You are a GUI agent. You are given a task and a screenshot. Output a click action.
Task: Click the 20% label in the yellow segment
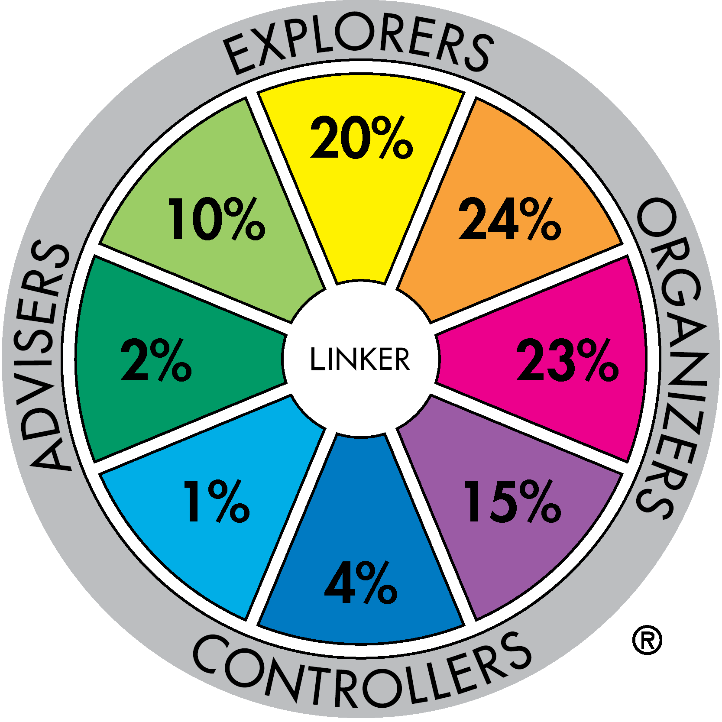[x=362, y=137]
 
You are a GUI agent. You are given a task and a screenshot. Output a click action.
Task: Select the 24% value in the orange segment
[x=510, y=218]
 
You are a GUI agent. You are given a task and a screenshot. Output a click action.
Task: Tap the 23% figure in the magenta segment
[x=567, y=359]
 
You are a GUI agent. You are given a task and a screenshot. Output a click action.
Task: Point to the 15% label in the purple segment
[x=513, y=501]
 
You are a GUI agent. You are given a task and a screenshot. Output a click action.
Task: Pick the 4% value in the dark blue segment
[x=361, y=583]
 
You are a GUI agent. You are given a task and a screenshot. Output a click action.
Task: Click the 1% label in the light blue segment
[x=217, y=501]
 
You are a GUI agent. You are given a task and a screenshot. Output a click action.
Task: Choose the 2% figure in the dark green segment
[x=156, y=359]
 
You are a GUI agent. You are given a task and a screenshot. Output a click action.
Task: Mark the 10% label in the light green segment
[x=217, y=218]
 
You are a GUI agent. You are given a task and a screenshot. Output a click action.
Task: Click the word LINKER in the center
[x=360, y=359]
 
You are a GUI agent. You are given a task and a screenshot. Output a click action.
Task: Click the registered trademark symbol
[x=647, y=640]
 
